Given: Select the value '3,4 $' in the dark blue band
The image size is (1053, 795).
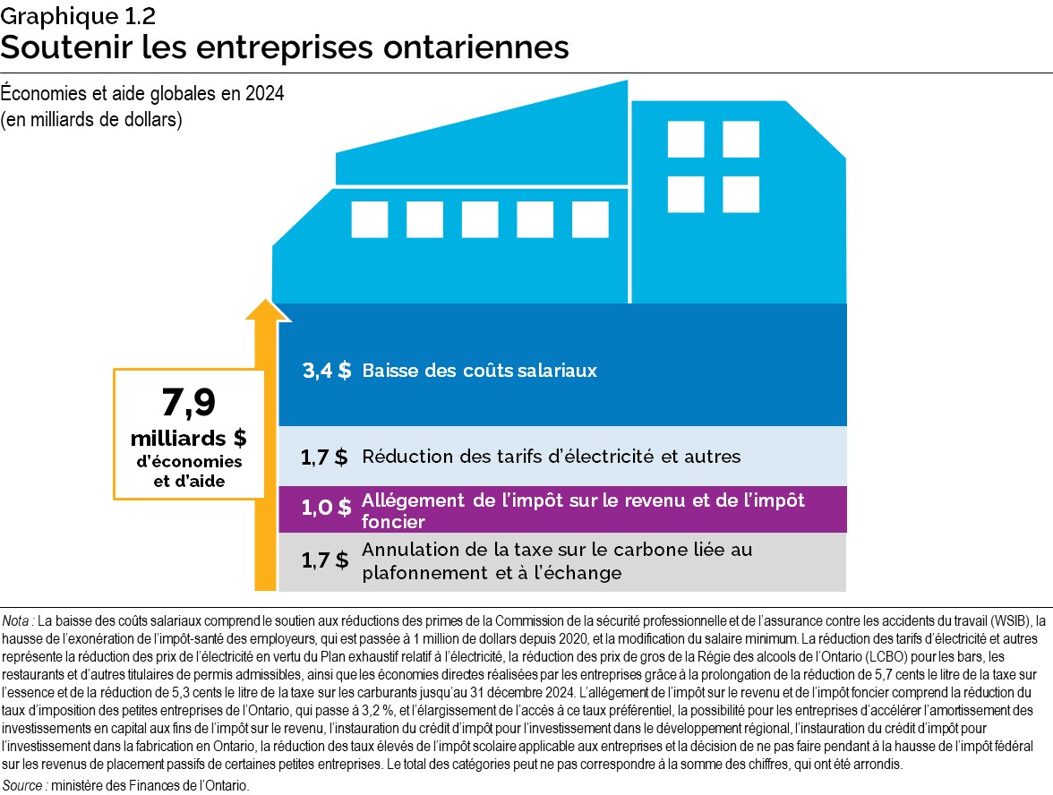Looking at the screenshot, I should pyautogui.click(x=326, y=371).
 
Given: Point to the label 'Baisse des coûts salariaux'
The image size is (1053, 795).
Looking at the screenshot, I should pyautogui.click(x=479, y=371).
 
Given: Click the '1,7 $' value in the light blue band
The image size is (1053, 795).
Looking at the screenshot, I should pyautogui.click(x=324, y=457).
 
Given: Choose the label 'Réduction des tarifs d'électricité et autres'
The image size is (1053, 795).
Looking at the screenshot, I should pyautogui.click(x=551, y=457).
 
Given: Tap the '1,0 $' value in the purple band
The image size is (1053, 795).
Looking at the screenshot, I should pyautogui.click(x=326, y=509).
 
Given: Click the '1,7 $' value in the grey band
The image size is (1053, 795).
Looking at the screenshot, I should pyautogui.click(x=324, y=561).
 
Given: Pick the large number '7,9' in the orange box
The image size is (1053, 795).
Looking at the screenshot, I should pyautogui.click(x=188, y=405).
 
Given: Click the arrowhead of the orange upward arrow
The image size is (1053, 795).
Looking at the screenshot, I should pyautogui.click(x=267, y=309).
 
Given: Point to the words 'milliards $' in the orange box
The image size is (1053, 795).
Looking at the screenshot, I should pyautogui.click(x=188, y=439).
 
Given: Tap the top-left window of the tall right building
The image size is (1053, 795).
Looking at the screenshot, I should pyautogui.click(x=686, y=139).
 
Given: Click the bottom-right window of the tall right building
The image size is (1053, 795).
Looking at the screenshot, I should pyautogui.click(x=741, y=193).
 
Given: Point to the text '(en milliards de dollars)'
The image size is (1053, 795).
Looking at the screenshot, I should pyautogui.click(x=92, y=121).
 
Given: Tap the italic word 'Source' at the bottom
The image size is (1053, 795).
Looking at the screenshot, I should pyautogui.click(x=22, y=785).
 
